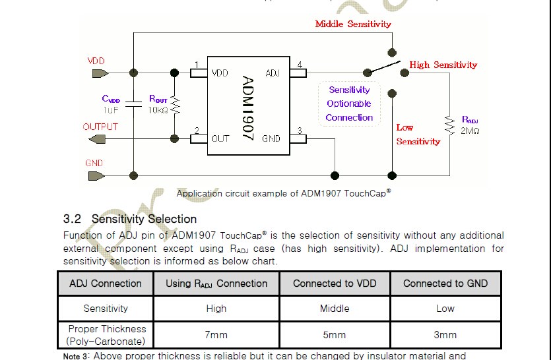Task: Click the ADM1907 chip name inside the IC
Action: click(248, 106)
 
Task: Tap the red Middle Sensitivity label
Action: click(352, 24)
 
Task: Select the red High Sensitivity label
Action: click(443, 65)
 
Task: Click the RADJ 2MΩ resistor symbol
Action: click(449, 125)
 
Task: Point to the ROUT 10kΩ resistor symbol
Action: click(175, 104)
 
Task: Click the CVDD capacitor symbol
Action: click(134, 104)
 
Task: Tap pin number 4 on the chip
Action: click(300, 65)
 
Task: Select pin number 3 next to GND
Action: click(300, 131)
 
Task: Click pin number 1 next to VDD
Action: click(196, 65)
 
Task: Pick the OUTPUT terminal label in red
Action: click(100, 127)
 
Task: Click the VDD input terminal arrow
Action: click(96, 73)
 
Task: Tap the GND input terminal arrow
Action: click(96, 175)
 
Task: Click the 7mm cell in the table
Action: click(216, 335)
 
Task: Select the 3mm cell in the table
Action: click(445, 335)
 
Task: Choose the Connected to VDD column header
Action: click(335, 284)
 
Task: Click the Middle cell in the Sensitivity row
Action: click(335, 309)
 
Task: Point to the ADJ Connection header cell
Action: click(106, 284)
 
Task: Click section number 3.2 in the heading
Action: click(72, 219)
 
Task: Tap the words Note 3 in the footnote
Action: click(75, 356)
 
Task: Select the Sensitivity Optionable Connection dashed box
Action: click(349, 104)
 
